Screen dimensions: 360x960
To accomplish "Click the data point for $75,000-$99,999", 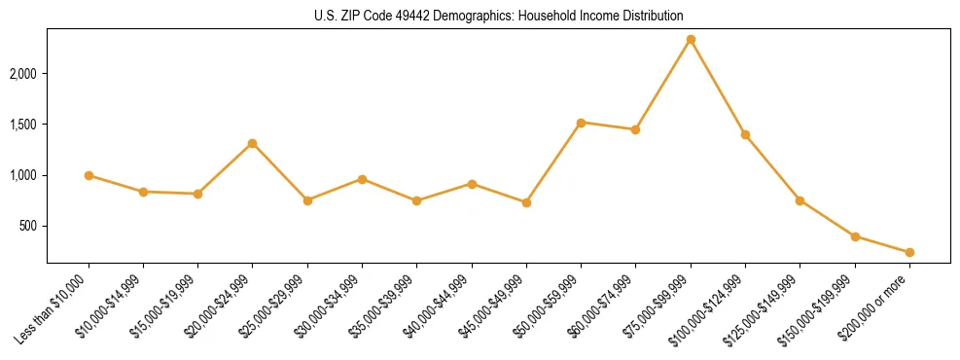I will pyautogui.click(x=691, y=39).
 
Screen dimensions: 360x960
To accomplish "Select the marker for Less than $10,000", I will pyautogui.click(x=89, y=175).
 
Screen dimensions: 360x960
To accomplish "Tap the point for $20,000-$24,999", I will pyautogui.click(x=253, y=143).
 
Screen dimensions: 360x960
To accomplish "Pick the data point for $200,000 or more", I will pyautogui.click(x=909, y=252).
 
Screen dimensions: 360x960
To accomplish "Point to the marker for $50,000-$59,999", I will pyautogui.click(x=581, y=123).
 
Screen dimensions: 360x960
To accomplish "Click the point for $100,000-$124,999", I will pyautogui.click(x=745, y=134).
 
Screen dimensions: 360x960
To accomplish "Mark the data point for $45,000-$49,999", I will pyautogui.click(x=526, y=202).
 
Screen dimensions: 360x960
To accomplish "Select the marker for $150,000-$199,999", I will pyautogui.click(x=855, y=236).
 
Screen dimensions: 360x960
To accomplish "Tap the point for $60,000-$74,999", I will pyautogui.click(x=635, y=129).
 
